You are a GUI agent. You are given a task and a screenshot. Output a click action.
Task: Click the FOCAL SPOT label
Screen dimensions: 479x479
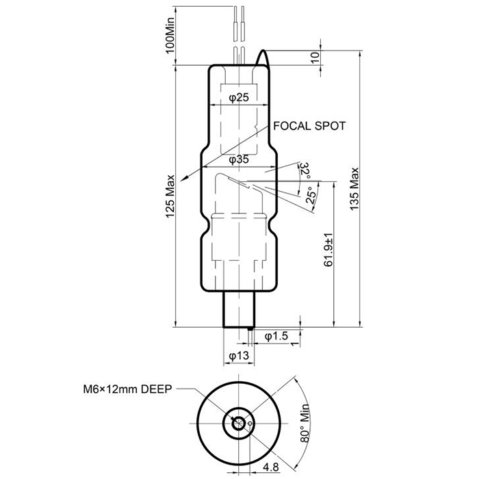309,126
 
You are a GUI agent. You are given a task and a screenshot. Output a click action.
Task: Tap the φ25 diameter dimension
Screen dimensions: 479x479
238,98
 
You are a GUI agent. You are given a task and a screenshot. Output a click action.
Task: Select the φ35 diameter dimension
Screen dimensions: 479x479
238,159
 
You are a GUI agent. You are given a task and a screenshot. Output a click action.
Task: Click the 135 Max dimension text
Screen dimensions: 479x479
354,189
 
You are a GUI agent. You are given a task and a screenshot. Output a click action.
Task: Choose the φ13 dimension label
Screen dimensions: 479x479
238,356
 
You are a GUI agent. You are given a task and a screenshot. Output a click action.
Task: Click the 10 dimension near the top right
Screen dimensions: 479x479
315,57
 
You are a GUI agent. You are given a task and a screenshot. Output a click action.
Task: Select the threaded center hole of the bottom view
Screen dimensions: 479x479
238,422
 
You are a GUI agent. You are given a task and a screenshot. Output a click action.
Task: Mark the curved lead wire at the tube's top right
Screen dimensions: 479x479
263,60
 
